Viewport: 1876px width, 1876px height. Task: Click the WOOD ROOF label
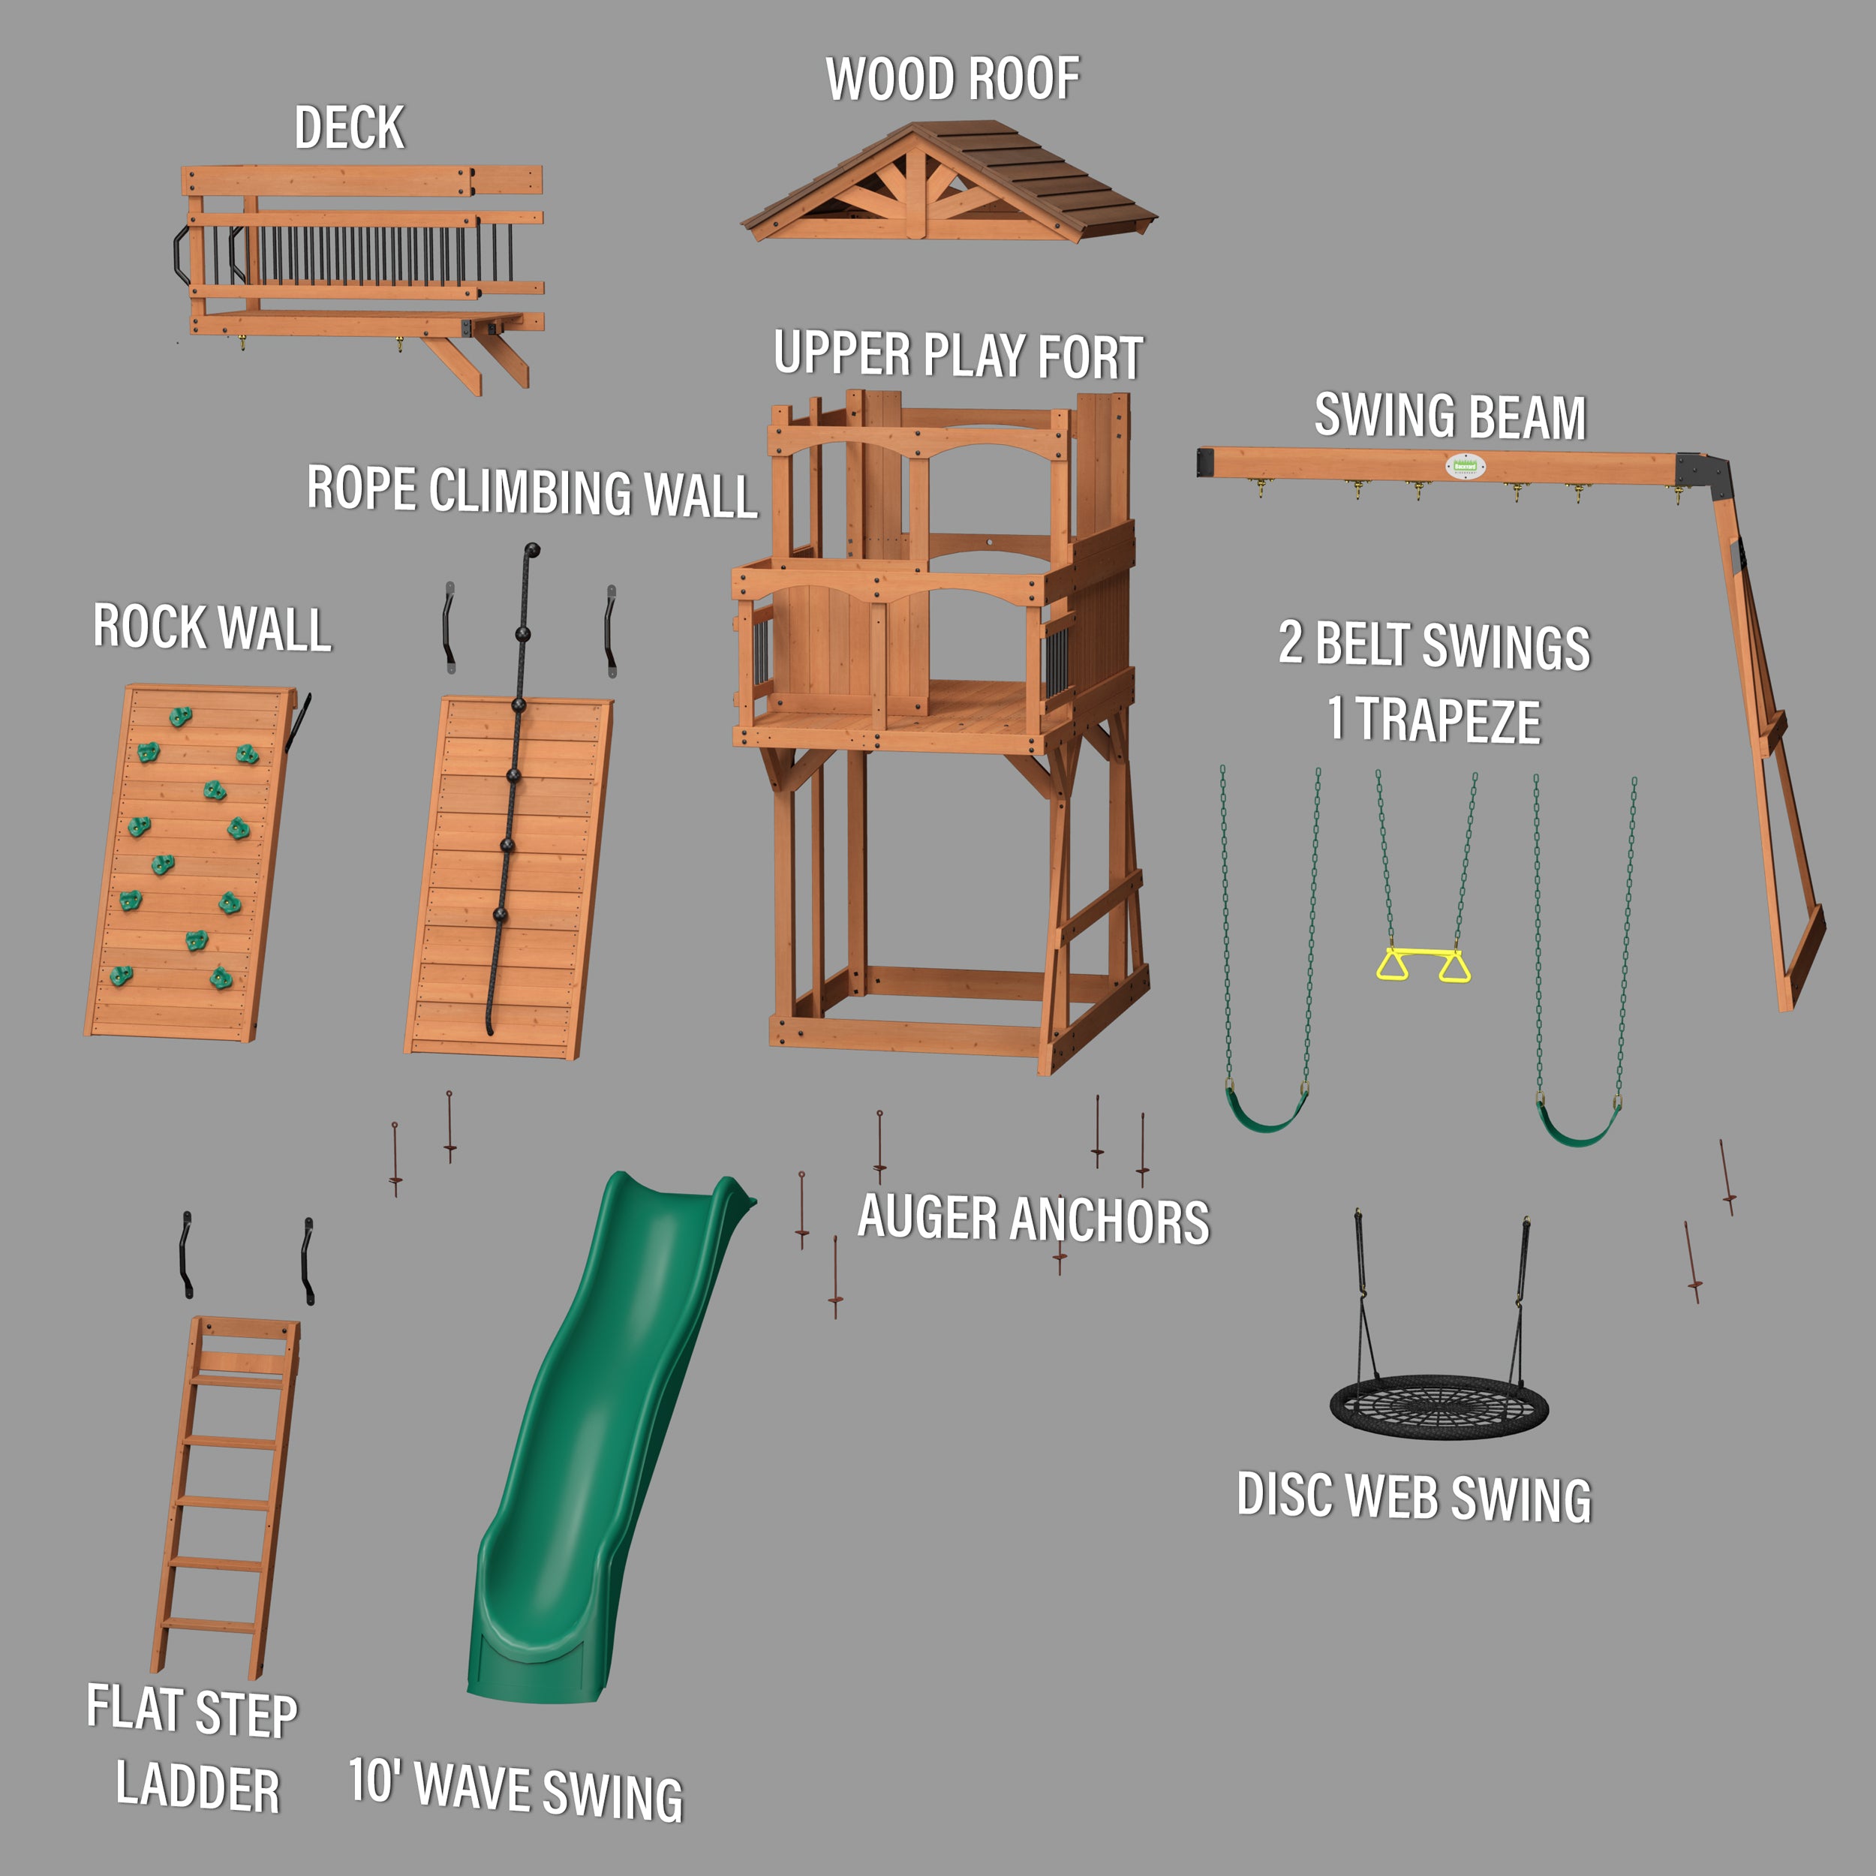coord(952,80)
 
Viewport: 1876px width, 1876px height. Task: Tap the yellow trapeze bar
coord(1423,955)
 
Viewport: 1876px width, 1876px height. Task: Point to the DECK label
coord(349,128)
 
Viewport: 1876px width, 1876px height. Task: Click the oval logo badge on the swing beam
coord(1464,466)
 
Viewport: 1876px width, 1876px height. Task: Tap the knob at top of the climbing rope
coord(532,552)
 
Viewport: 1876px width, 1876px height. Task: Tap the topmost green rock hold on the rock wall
coord(181,717)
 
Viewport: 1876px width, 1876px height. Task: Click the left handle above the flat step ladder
coord(185,1254)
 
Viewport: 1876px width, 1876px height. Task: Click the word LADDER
coord(198,1787)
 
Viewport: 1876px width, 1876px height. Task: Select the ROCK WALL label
coord(212,627)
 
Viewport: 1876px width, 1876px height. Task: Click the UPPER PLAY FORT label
coord(958,356)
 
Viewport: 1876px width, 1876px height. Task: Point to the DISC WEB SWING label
coord(1413,1497)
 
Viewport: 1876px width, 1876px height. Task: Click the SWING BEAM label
coord(1450,416)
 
